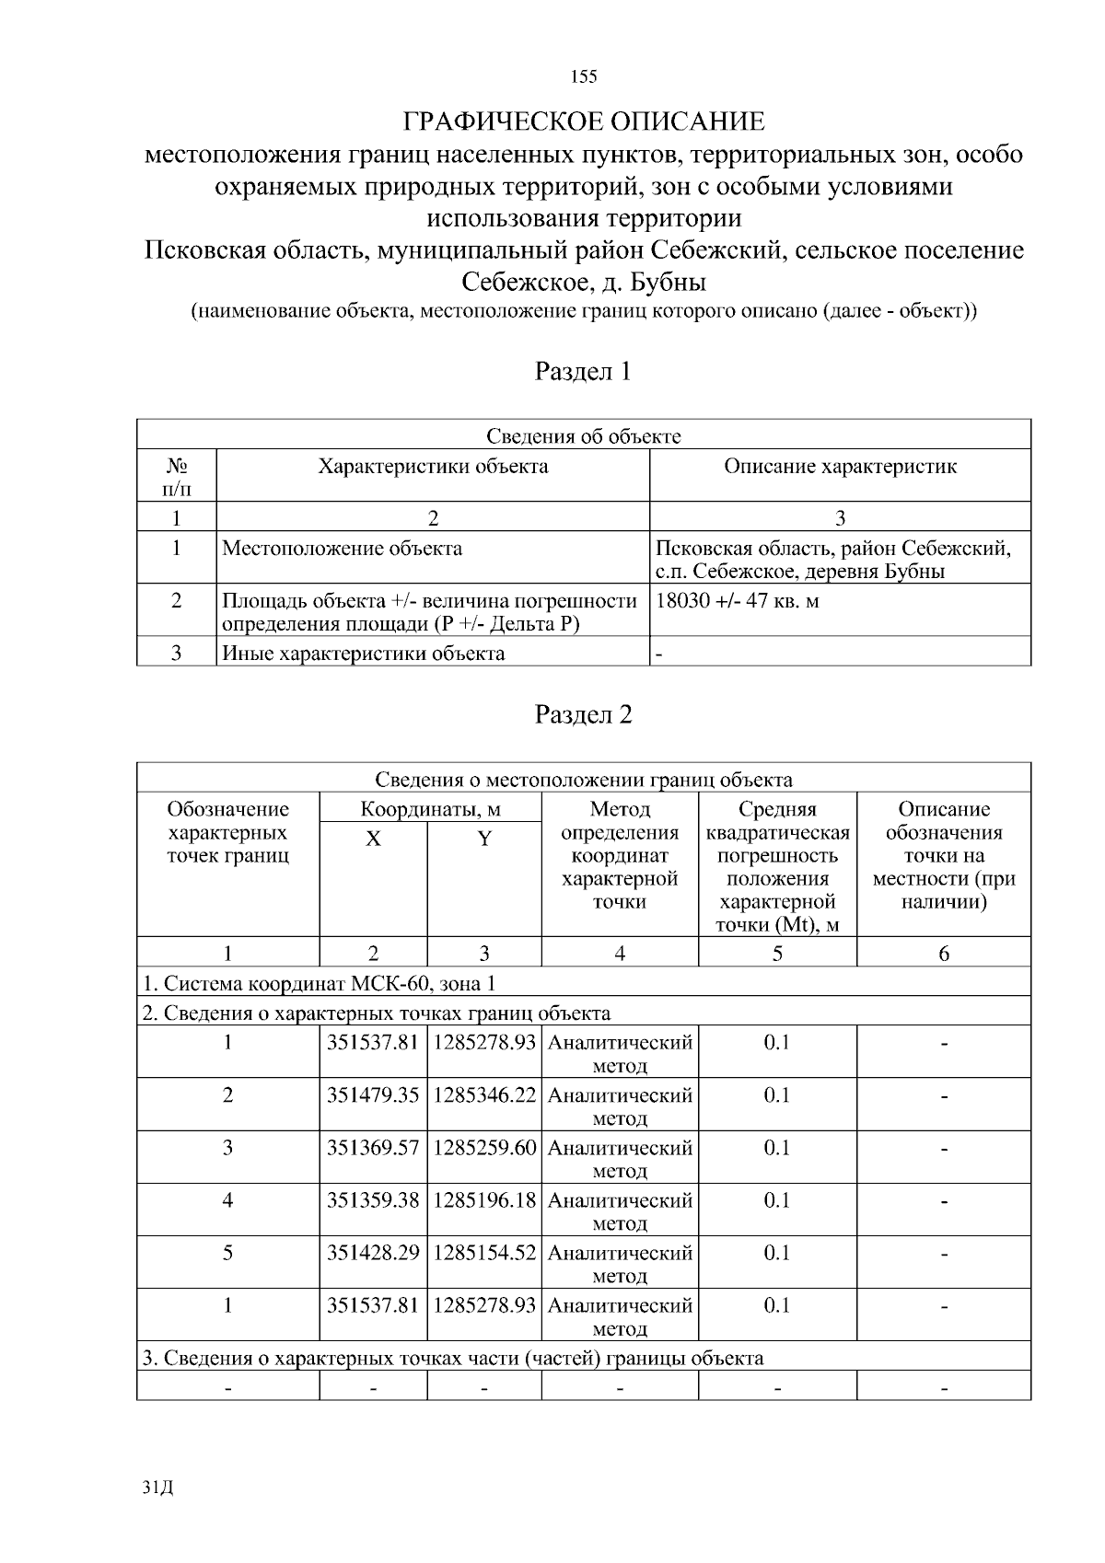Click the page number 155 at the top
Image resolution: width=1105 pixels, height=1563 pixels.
584,76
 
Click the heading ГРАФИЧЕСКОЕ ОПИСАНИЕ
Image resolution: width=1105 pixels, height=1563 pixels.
584,122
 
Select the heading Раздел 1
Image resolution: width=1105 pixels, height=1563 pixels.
584,371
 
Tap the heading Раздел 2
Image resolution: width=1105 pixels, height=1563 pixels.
584,714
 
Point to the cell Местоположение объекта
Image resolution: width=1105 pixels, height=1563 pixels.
343,549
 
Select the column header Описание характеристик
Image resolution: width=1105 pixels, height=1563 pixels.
840,467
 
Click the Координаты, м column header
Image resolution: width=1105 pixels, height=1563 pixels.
430,809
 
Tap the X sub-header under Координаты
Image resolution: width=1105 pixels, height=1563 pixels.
373,839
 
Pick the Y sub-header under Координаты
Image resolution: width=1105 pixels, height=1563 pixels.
484,839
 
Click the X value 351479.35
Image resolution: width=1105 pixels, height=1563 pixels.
373,1095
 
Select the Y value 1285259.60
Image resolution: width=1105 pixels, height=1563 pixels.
484,1148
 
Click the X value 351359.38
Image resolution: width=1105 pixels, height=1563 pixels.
373,1200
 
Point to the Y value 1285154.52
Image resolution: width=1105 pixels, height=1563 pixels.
484,1253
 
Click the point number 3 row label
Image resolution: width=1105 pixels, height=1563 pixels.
227,1148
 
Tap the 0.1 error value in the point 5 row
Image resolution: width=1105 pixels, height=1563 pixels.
777,1253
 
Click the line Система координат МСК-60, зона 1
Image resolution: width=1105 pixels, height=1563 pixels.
319,983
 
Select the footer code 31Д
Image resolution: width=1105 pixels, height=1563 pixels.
158,1488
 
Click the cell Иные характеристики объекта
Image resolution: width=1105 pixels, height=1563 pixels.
364,654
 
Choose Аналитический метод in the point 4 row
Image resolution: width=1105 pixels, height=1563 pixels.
620,1211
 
